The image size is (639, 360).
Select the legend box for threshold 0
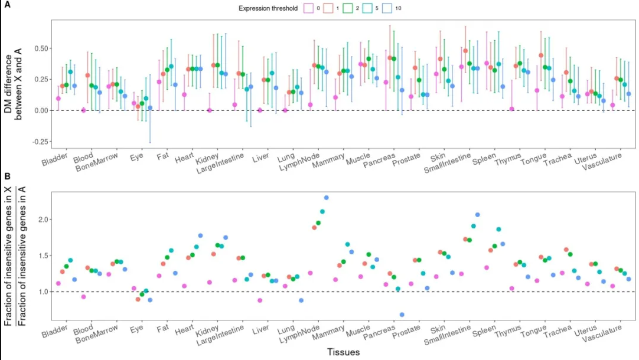tap(308, 9)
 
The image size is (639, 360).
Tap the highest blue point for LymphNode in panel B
tap(327, 198)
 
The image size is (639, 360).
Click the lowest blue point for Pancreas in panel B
tap(402, 315)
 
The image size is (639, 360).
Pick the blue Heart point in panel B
tap(200, 236)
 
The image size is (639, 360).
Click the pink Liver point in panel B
tap(259, 300)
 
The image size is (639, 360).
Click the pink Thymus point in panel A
tap(512, 109)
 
